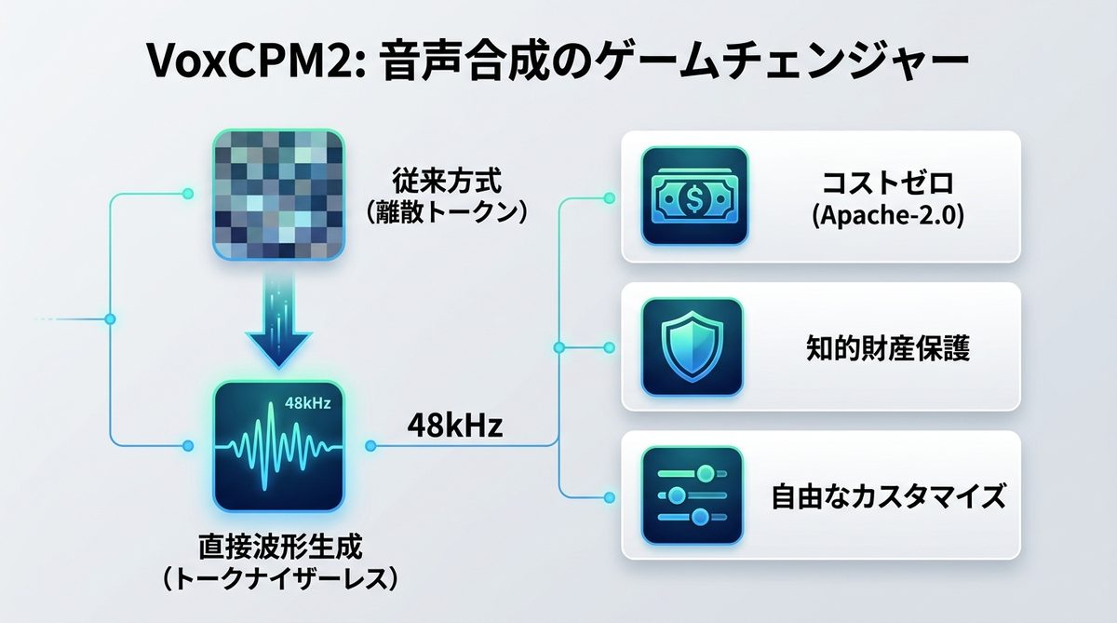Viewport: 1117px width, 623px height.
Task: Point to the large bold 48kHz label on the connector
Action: (455, 427)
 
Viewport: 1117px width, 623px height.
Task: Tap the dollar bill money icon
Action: (694, 196)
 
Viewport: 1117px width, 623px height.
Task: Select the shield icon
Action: (694, 347)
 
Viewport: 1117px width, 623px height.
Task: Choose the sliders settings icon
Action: (694, 495)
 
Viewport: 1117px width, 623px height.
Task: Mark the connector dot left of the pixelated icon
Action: (189, 195)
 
